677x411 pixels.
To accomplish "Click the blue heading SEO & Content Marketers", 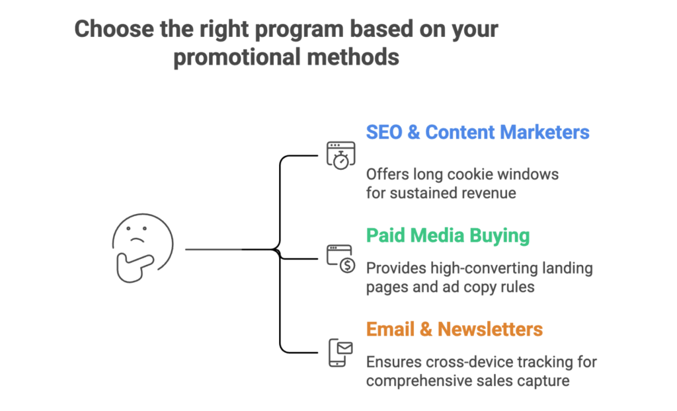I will coord(477,132).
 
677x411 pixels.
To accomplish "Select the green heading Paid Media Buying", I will coord(448,235).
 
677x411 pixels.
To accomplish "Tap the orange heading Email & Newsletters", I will coord(454,328).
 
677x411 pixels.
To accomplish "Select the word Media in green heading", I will coord(446,235).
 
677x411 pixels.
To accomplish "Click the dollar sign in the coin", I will coord(346,265).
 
